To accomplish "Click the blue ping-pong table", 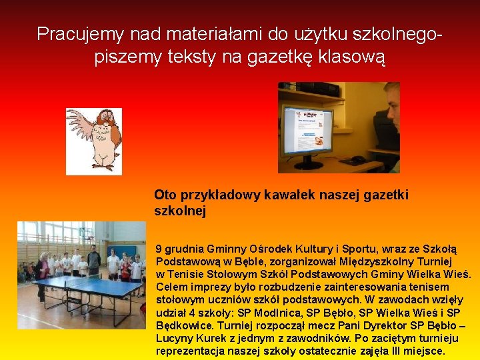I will pos(87,293).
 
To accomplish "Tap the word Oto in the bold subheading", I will pos(164,195).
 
